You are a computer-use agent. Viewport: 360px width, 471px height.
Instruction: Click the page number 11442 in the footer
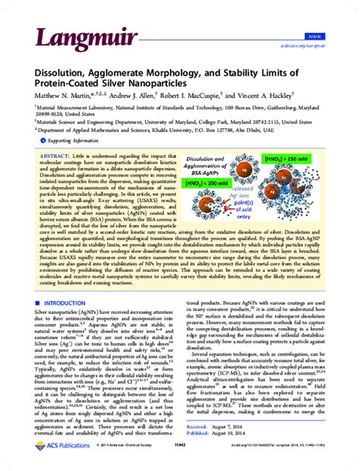tap(179, 460)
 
